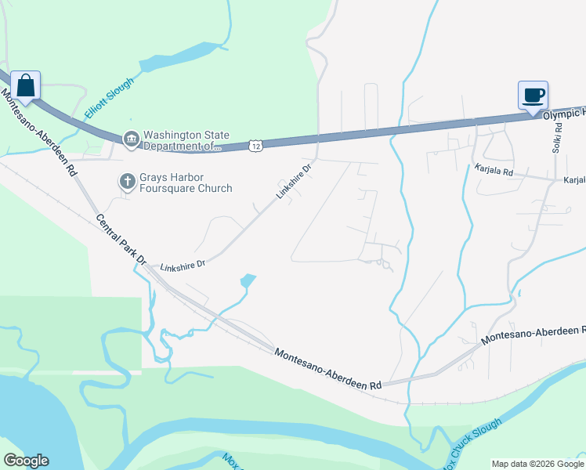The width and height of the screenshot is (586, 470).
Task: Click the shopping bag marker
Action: coord(25,85)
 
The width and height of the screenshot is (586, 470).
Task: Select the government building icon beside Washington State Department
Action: coord(130,140)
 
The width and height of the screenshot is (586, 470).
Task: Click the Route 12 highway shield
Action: coord(255,145)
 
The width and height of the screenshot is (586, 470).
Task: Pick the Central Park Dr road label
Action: coord(121,239)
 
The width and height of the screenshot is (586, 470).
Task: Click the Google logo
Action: coord(26,461)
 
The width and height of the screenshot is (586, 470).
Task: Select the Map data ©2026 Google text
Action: coord(537,464)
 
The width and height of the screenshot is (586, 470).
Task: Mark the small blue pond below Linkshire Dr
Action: coord(248,280)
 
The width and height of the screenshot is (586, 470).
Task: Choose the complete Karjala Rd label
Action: coord(493,169)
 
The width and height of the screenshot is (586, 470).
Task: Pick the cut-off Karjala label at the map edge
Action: coord(574,180)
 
